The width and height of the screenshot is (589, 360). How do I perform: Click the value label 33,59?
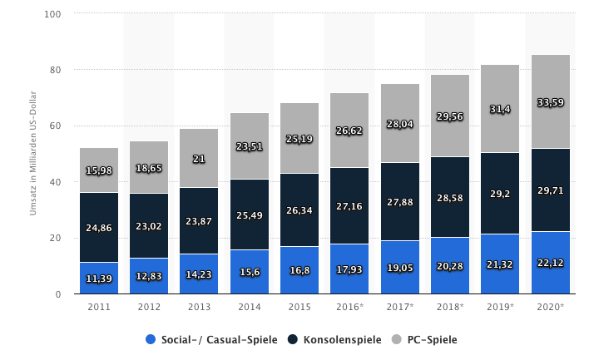pos(550,103)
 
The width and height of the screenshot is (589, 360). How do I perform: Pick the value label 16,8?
pos(299,269)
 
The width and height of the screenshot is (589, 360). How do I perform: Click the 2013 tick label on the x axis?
pos(199,306)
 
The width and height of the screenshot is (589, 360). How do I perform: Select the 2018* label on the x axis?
pos(450,306)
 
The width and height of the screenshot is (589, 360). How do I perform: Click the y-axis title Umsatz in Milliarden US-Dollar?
pos(33,155)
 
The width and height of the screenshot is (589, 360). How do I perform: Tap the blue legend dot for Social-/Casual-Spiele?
pos(151,339)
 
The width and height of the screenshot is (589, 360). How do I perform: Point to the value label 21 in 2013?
pos(199,159)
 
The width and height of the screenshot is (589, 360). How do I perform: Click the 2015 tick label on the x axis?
pos(299,306)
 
